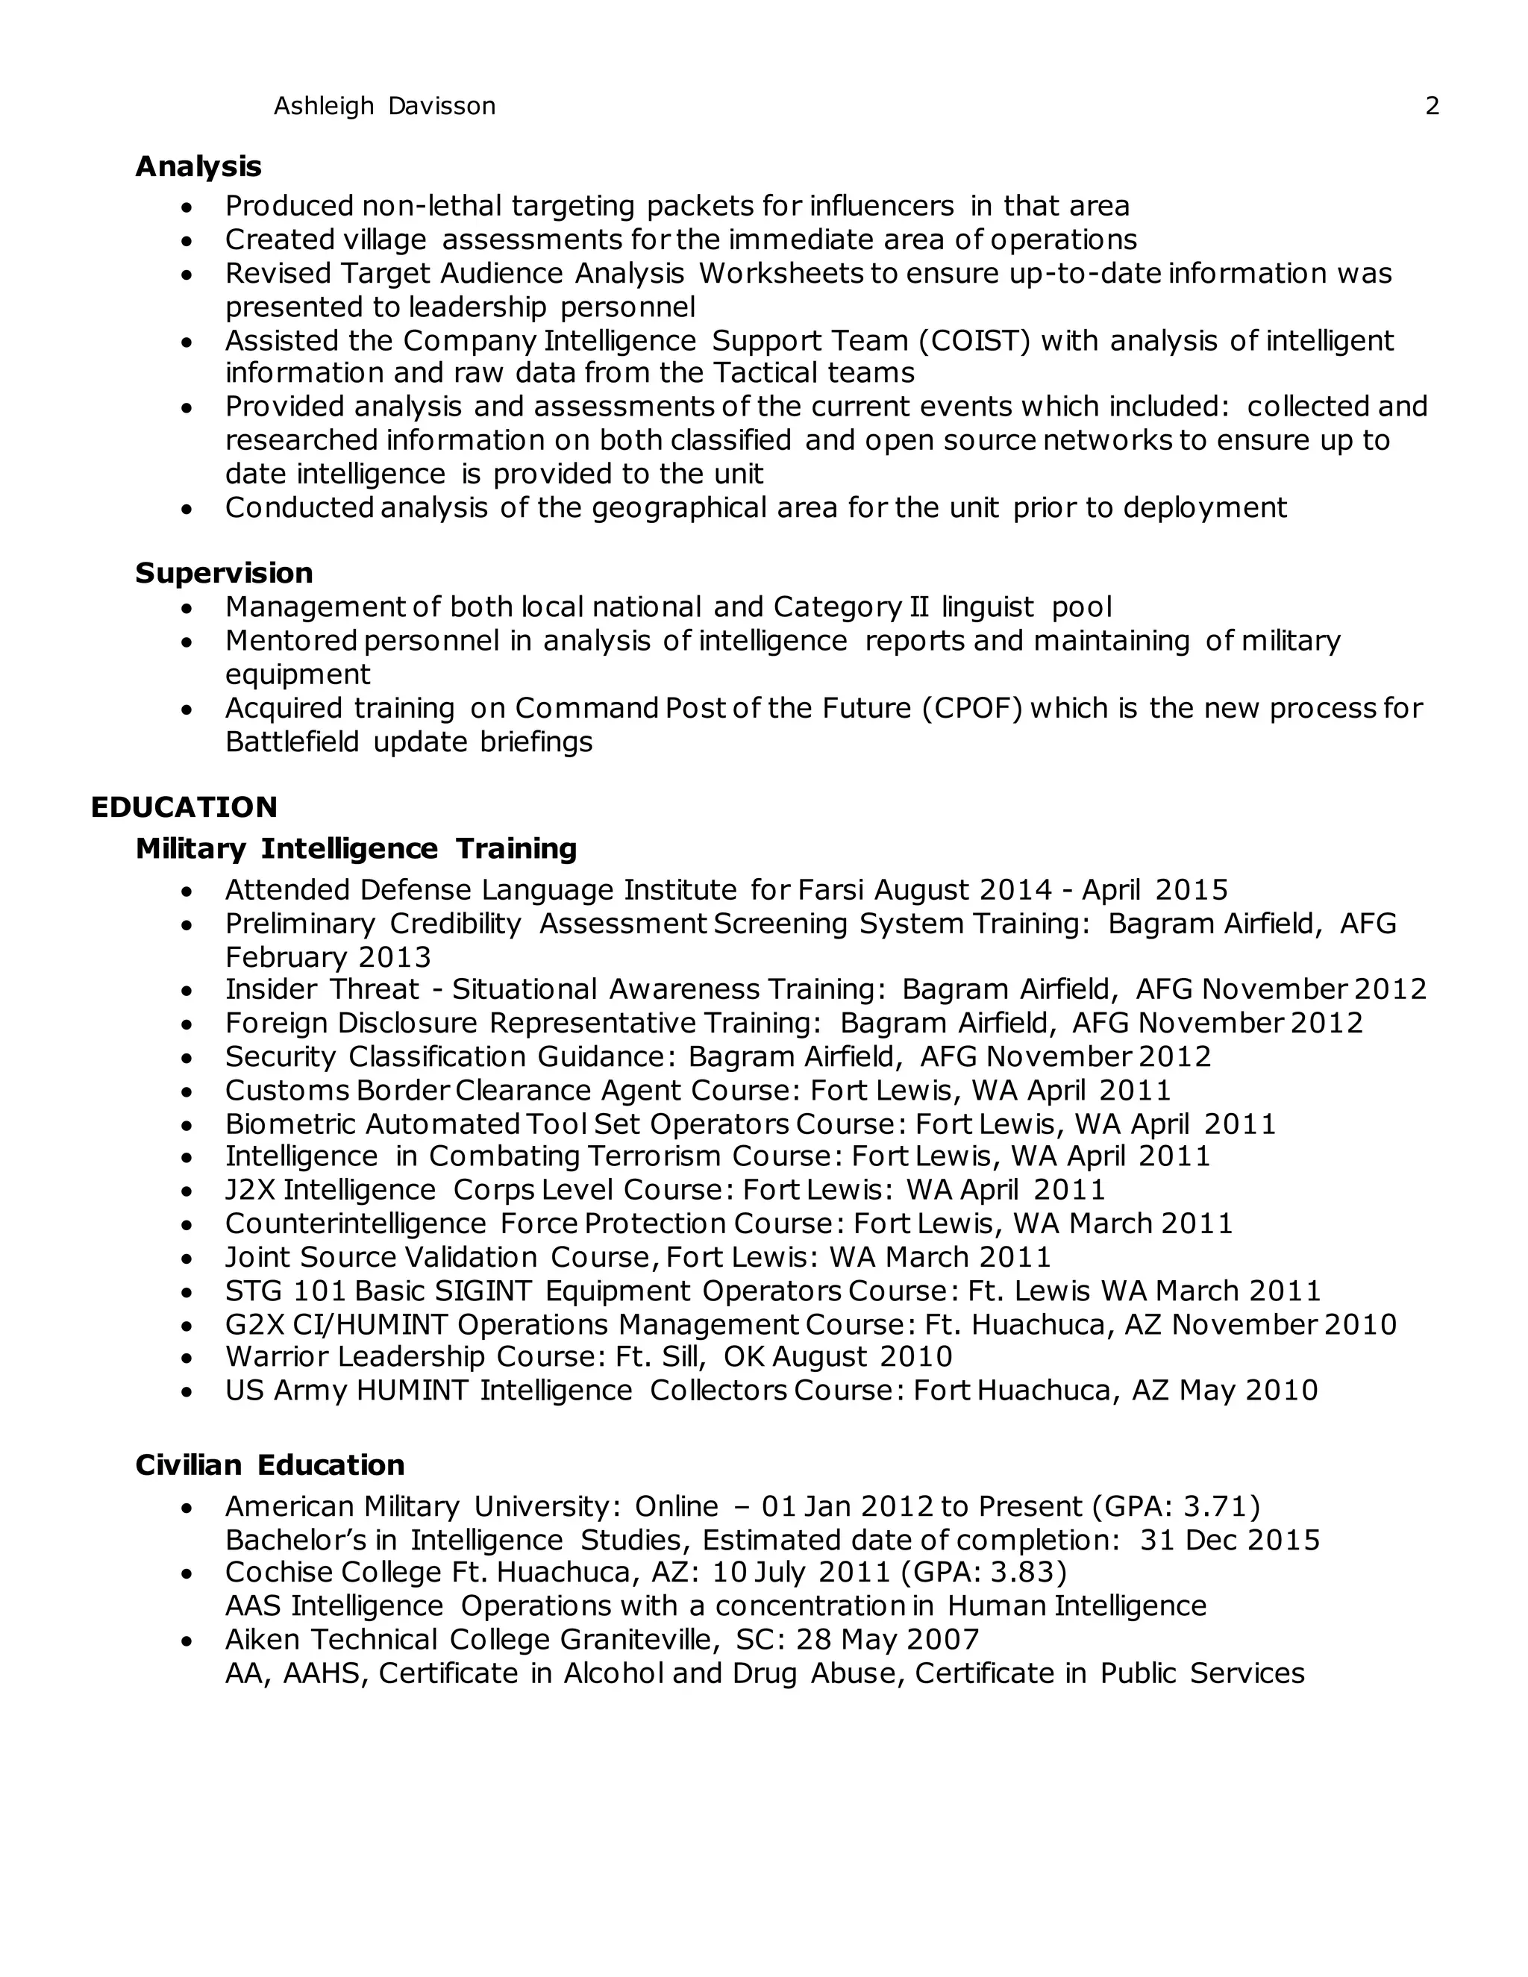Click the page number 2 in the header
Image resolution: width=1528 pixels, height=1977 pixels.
[1432, 106]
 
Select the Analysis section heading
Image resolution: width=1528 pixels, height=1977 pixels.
[198, 166]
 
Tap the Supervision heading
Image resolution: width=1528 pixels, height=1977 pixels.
[224, 573]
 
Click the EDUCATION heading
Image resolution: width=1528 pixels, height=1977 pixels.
[184, 807]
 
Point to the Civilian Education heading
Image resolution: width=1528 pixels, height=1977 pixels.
[270, 1464]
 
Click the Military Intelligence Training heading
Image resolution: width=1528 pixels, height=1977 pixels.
[356, 849]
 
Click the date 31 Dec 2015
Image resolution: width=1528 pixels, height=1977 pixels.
[1230, 1540]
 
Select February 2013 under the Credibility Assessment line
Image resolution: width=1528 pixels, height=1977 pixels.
[328, 958]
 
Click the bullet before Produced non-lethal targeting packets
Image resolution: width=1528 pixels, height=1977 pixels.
[187, 208]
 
